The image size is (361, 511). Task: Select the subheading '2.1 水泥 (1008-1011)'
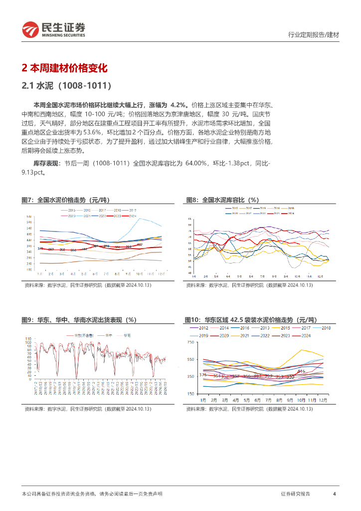[x=66, y=86]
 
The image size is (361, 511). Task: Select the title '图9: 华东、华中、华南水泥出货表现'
[x=79, y=320]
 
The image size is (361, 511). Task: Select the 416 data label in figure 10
[x=301, y=371]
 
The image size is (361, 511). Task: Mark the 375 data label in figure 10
[x=202, y=374]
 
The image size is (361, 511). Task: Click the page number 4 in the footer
[x=334, y=494]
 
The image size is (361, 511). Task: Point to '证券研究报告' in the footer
[x=295, y=494]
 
